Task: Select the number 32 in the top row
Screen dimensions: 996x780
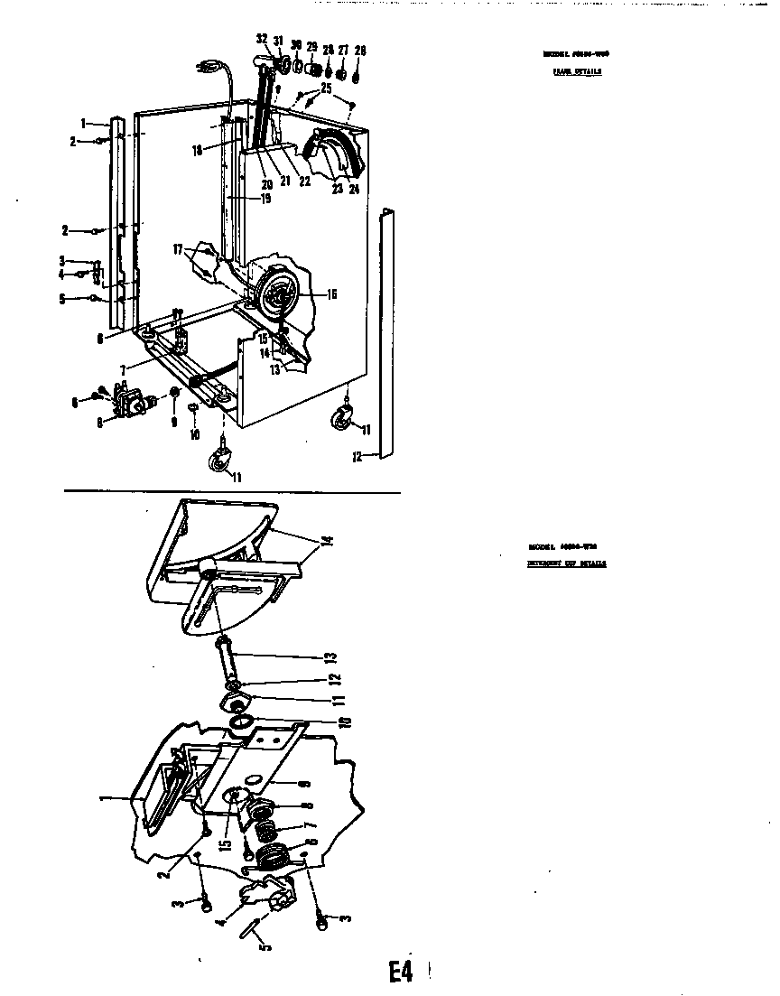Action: pyautogui.click(x=262, y=39)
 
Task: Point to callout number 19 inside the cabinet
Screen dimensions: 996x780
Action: pyautogui.click(x=241, y=199)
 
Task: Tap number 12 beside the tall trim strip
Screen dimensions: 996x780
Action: pyautogui.click(x=357, y=457)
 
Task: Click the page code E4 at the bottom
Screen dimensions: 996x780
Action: pyautogui.click(x=401, y=972)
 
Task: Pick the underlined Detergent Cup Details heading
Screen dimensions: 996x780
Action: pyautogui.click(x=567, y=563)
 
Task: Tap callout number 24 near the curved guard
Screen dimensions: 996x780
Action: pyautogui.click(x=354, y=190)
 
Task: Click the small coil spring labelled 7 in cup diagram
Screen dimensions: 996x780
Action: pyautogui.click(x=264, y=827)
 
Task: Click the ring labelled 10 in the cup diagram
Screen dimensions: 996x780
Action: pyautogui.click(x=241, y=721)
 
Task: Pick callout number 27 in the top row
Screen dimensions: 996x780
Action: pyautogui.click(x=344, y=49)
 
